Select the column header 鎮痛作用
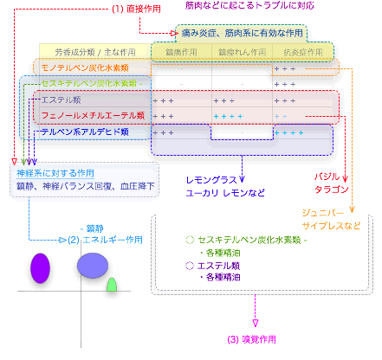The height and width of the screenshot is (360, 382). click(x=178, y=52)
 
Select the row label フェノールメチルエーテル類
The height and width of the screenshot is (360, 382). click(x=88, y=116)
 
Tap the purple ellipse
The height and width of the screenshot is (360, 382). click(x=40, y=267)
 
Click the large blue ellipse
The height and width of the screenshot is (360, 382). click(x=93, y=265)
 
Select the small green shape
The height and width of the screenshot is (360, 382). click(x=111, y=285)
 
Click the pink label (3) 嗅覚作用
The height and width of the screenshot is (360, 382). click(x=253, y=338)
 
